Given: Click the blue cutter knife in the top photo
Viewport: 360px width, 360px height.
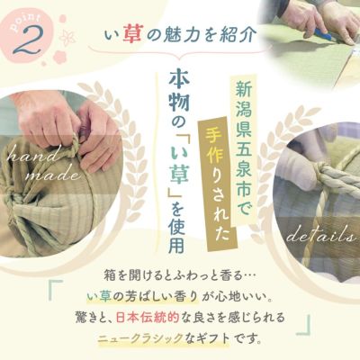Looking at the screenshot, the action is (x=322, y=34).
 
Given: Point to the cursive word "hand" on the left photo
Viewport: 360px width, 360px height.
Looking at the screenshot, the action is (x=29, y=157).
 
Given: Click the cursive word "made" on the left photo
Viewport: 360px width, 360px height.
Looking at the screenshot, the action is (x=53, y=174).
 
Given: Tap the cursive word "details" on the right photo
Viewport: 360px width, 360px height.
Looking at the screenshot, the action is (x=320, y=236).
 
